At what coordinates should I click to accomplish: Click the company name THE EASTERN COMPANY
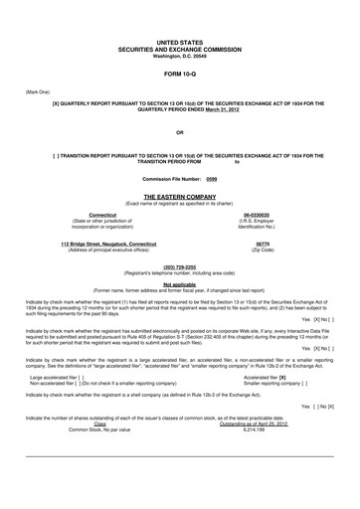pos(180,197)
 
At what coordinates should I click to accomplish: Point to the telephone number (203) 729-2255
pos(180,266)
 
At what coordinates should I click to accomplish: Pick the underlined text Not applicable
pos(180,284)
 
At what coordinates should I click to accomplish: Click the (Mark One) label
pos(37,92)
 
